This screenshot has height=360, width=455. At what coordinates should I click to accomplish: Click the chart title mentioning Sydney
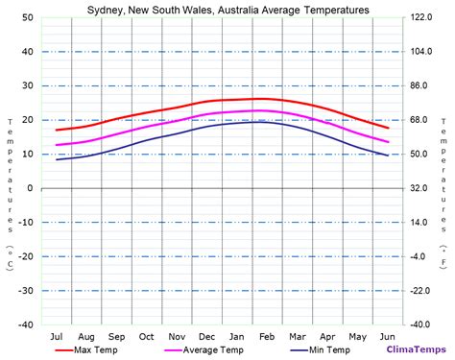coord(227,10)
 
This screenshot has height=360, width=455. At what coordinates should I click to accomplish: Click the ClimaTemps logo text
coord(414,350)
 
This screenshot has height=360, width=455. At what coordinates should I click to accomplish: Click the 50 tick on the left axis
coord(28,18)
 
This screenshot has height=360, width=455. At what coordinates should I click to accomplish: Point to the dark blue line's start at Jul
coord(57,159)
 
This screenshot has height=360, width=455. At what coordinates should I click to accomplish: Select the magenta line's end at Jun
coord(388,142)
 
